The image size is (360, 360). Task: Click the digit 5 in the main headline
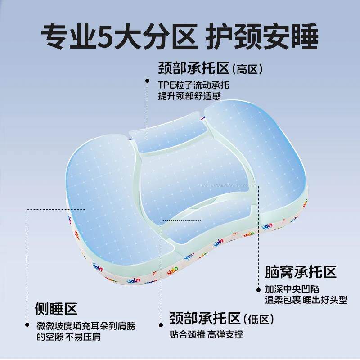click(x=105, y=37)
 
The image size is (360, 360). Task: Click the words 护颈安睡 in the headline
click(x=261, y=36)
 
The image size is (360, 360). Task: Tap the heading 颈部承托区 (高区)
click(x=210, y=68)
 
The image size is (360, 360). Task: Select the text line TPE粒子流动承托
click(x=193, y=85)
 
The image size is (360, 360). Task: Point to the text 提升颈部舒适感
click(x=189, y=96)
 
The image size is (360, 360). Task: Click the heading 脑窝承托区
click(x=301, y=272)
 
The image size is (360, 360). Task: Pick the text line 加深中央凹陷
click(x=292, y=289)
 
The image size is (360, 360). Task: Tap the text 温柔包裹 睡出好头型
click(x=306, y=300)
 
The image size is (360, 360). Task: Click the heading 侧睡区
click(x=56, y=309)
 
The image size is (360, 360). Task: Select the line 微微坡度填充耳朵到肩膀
click(x=86, y=326)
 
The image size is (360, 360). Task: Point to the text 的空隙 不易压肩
click(x=69, y=337)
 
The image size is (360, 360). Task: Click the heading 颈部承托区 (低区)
click(x=221, y=318)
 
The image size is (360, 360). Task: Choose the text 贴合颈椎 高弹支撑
click(x=207, y=334)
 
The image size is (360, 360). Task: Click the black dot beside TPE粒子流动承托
click(x=148, y=81)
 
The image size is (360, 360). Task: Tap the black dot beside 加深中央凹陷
click(x=258, y=289)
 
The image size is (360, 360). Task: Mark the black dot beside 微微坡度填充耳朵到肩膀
click(x=27, y=324)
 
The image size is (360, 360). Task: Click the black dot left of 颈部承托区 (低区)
click(x=161, y=325)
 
